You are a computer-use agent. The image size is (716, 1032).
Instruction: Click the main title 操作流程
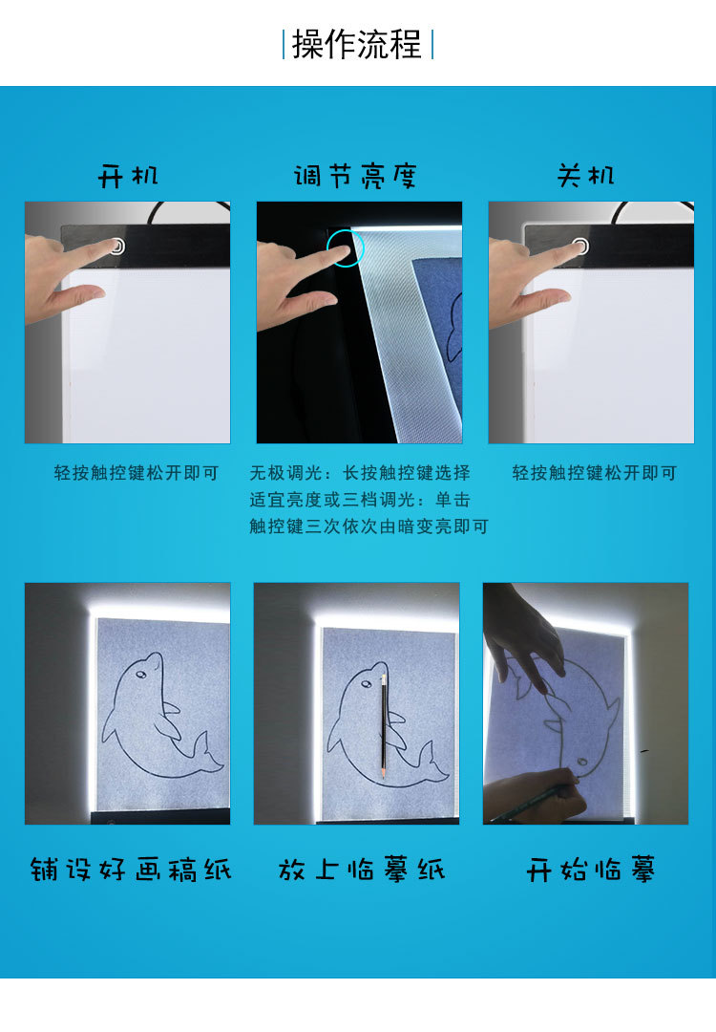pyautogui.click(x=357, y=45)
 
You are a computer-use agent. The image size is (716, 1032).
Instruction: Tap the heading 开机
pyautogui.click(x=128, y=176)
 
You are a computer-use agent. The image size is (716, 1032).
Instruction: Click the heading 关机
pyautogui.click(x=586, y=176)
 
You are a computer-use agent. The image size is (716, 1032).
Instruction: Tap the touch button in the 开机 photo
pyautogui.click(x=116, y=247)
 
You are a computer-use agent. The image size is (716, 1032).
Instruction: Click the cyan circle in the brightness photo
pyautogui.click(x=345, y=250)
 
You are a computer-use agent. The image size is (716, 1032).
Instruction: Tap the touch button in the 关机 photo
pyautogui.click(x=580, y=247)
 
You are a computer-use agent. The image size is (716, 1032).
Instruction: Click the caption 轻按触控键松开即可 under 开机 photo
pyautogui.click(x=137, y=473)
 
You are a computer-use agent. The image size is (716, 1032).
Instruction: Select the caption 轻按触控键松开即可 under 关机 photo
pyautogui.click(x=594, y=473)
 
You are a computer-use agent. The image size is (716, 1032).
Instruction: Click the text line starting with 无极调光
pyautogui.click(x=360, y=473)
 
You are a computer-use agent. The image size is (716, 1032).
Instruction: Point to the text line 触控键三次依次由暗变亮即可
pyautogui.click(x=369, y=527)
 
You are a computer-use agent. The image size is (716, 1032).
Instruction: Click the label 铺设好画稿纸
pyautogui.click(x=130, y=871)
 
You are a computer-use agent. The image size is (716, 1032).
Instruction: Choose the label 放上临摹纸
pyautogui.click(x=362, y=871)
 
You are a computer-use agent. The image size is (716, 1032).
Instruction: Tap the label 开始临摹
pyautogui.click(x=591, y=871)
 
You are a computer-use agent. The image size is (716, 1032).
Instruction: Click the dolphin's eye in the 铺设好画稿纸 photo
pyautogui.click(x=142, y=674)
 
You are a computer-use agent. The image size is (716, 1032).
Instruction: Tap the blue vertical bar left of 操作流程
pyautogui.click(x=284, y=45)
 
